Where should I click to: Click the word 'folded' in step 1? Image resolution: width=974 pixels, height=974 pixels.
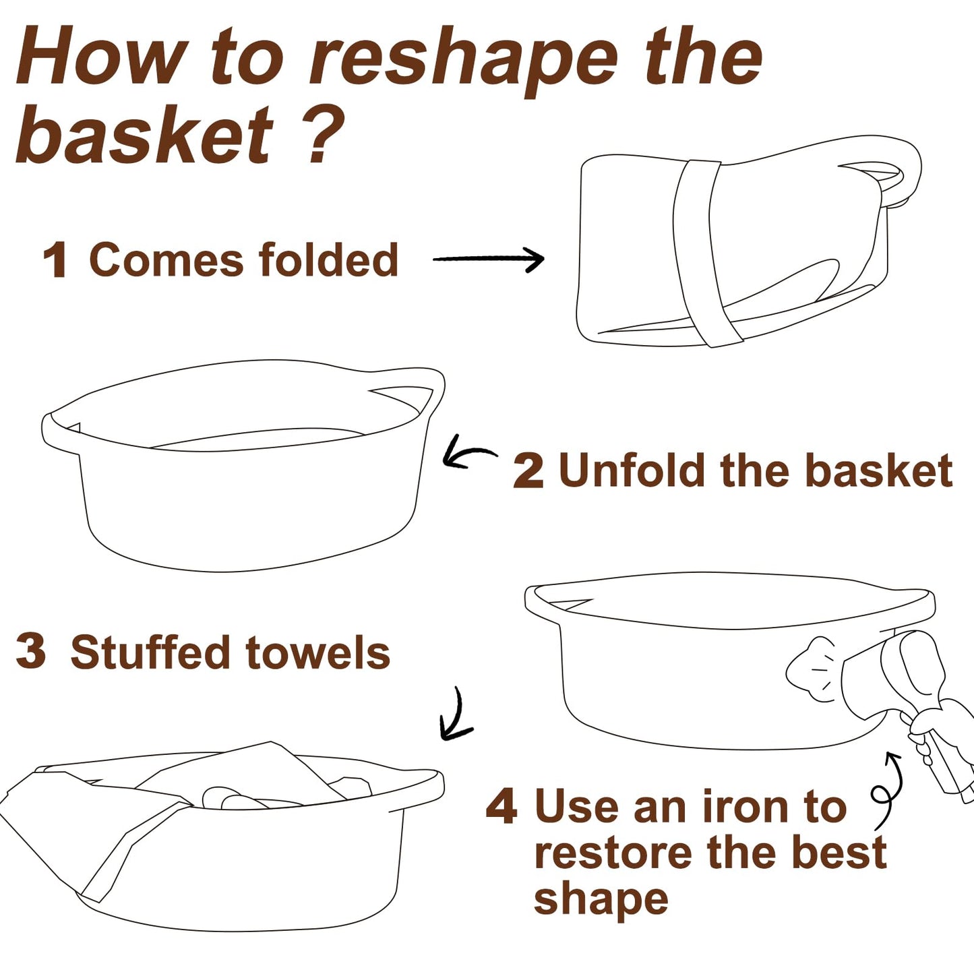(x=328, y=259)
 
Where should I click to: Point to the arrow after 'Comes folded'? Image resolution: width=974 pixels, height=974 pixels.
(x=488, y=259)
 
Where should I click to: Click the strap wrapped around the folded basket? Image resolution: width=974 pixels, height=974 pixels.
(x=700, y=253)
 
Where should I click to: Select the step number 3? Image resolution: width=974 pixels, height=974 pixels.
(x=31, y=652)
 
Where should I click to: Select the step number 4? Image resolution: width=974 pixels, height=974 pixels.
(x=501, y=807)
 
